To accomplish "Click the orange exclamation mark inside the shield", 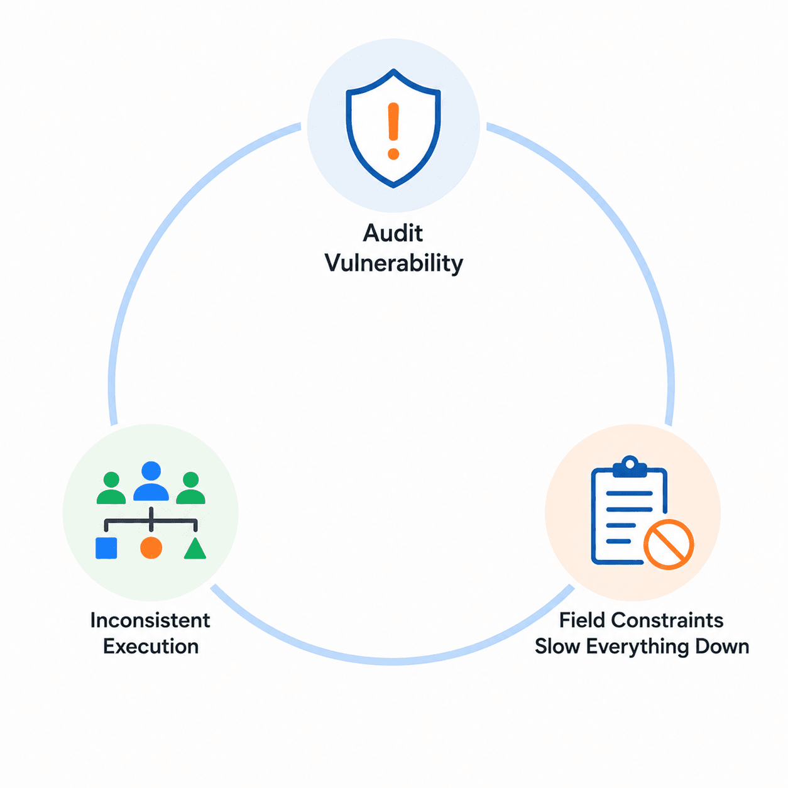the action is point(393,131).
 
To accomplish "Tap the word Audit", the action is point(393,233).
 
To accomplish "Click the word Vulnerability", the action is point(394,263).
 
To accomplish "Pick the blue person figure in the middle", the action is point(151,481).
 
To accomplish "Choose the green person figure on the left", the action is point(111,488).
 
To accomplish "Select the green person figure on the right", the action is point(190,488).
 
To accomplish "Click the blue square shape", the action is point(106,548).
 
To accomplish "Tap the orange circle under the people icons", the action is point(151,548).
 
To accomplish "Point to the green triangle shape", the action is point(195,549).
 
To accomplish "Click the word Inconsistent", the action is point(150,620).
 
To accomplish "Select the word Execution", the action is point(151,647).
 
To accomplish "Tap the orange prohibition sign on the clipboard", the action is point(669,544).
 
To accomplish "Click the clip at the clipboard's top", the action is point(630,467).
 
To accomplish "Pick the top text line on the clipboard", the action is point(629,493).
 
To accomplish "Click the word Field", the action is point(582,620).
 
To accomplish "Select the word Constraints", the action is point(667,620).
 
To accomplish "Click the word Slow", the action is point(557,647).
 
